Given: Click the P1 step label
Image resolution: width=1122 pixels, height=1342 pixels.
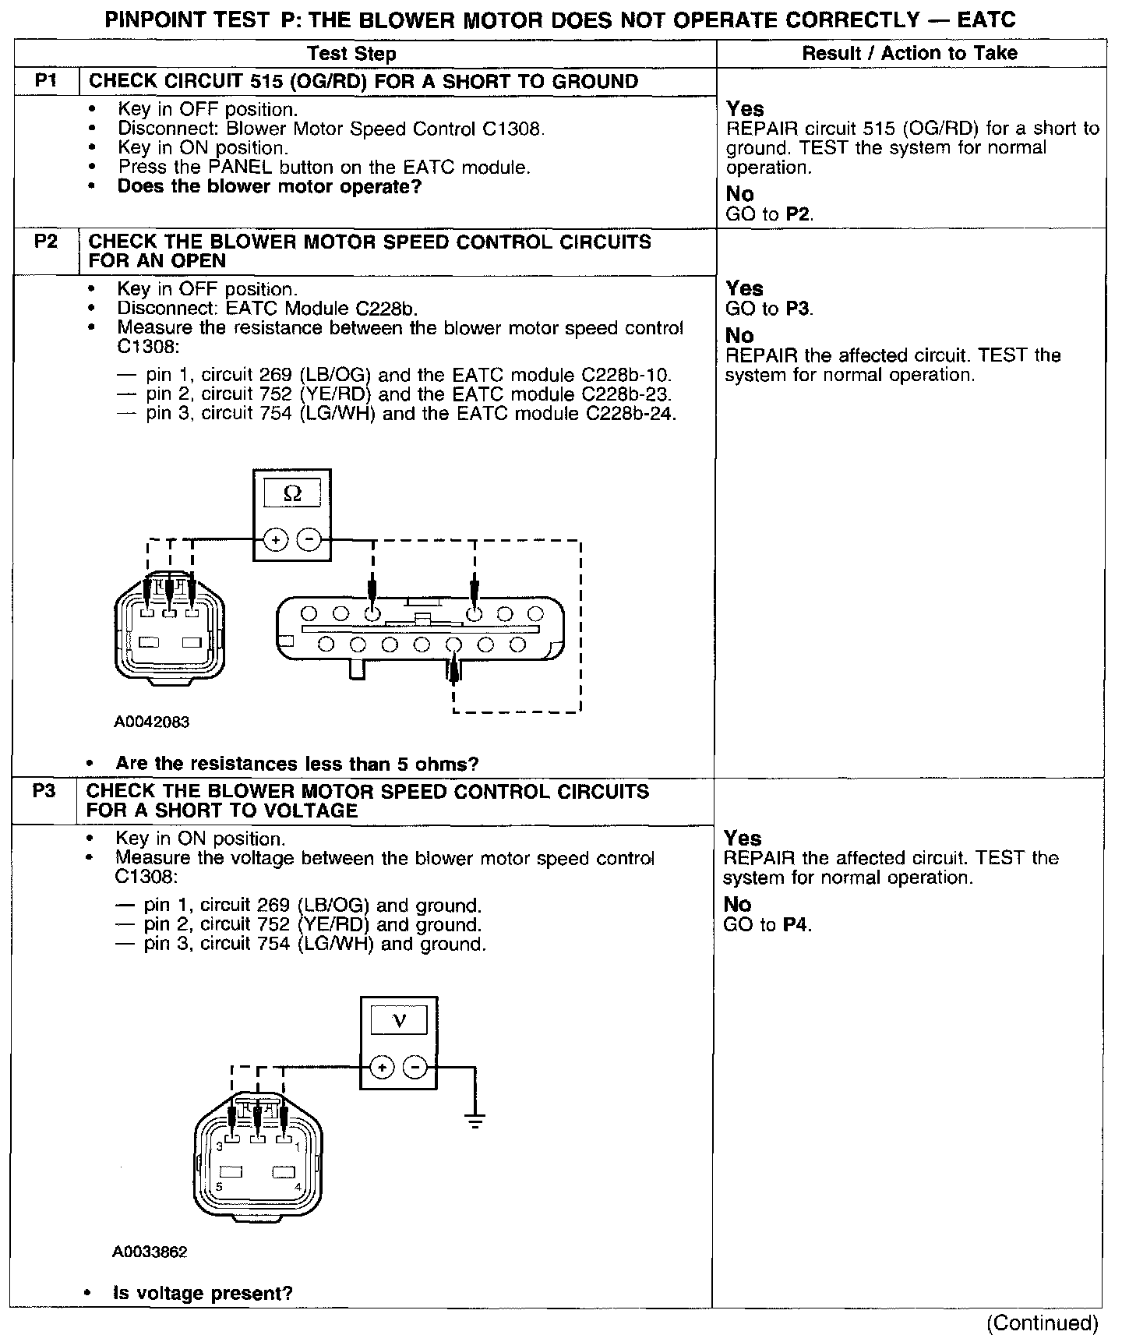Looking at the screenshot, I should (x=46, y=82).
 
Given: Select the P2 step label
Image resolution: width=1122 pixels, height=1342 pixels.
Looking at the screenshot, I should (x=46, y=242).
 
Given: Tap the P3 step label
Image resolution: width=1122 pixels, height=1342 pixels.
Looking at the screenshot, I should (x=44, y=791).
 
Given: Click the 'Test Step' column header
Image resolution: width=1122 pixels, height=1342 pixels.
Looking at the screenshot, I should (x=351, y=54).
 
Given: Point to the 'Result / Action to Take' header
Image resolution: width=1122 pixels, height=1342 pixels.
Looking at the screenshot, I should (x=909, y=53).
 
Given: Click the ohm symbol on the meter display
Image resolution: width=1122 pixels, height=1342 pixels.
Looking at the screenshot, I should (x=292, y=493).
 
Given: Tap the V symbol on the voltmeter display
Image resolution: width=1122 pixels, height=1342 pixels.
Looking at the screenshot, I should (x=398, y=1020).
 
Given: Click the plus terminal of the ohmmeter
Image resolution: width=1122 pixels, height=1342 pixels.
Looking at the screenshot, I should (x=276, y=539).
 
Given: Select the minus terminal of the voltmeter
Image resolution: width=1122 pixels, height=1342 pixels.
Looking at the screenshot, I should (x=415, y=1067).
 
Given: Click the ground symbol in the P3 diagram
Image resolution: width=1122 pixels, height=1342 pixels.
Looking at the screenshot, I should (x=475, y=1122).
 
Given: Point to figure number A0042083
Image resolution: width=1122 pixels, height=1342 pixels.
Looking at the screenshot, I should (x=152, y=722).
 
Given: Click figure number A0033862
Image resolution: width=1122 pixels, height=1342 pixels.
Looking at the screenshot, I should (x=150, y=1252).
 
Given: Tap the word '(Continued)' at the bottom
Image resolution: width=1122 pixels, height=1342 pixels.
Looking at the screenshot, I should (x=1043, y=1323).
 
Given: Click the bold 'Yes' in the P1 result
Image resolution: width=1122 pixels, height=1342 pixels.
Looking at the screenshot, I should (x=745, y=109).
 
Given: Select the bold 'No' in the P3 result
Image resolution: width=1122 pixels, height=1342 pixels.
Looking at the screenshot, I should (x=737, y=905).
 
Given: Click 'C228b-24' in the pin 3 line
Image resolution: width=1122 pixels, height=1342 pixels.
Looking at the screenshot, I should (x=630, y=413).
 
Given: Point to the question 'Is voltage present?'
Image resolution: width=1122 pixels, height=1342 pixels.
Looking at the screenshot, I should (x=203, y=1294).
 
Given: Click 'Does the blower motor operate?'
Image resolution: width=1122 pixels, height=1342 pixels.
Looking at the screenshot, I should (x=269, y=186).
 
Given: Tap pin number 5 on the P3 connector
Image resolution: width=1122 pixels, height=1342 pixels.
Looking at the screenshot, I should (x=219, y=1187).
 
